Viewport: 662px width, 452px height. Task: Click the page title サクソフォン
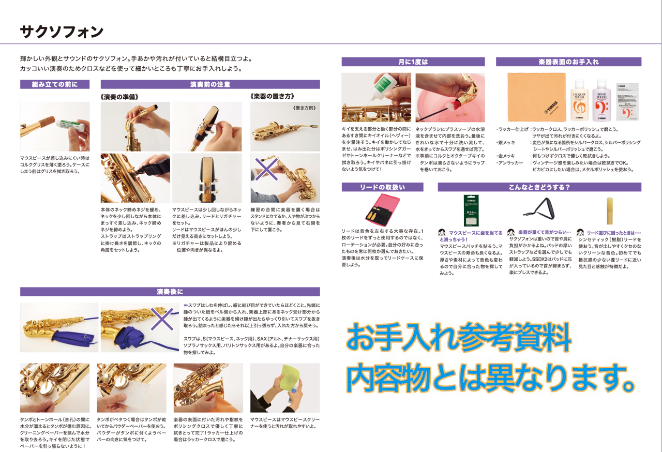[62, 32]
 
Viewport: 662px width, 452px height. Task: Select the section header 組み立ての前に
[55, 84]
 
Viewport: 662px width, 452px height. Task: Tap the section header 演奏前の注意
[210, 84]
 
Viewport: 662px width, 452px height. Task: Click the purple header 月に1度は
[413, 62]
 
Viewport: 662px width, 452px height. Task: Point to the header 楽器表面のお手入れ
[568, 62]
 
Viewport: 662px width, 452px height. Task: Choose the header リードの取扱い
[382, 187]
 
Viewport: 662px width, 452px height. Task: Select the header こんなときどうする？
[539, 187]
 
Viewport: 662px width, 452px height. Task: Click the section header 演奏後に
[170, 292]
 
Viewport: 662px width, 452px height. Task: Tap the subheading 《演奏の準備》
[119, 97]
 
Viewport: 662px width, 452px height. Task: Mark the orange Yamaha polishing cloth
[537, 97]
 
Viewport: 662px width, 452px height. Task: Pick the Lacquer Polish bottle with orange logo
[579, 100]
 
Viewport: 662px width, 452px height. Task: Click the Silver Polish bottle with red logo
[601, 100]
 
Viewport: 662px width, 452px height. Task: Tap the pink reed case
[382, 210]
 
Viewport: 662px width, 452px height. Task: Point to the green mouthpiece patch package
[471, 210]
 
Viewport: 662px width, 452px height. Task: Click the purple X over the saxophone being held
[266, 169]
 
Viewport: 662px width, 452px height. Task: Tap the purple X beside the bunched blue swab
[162, 319]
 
